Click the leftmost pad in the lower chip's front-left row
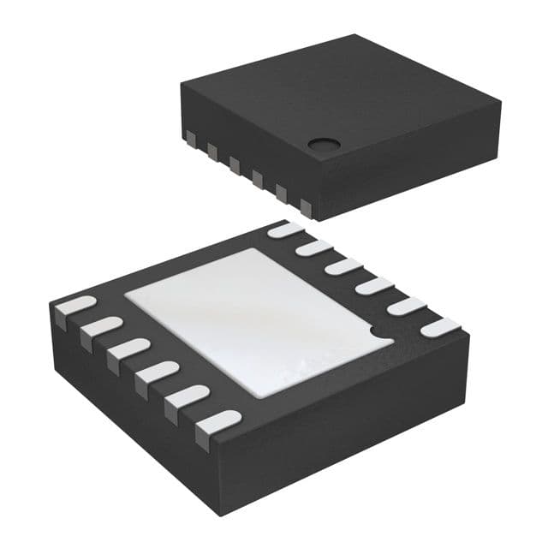coord(74,306)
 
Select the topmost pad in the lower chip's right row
coord(285,229)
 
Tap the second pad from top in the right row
coord(314,248)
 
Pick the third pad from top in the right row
coord(343,267)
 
